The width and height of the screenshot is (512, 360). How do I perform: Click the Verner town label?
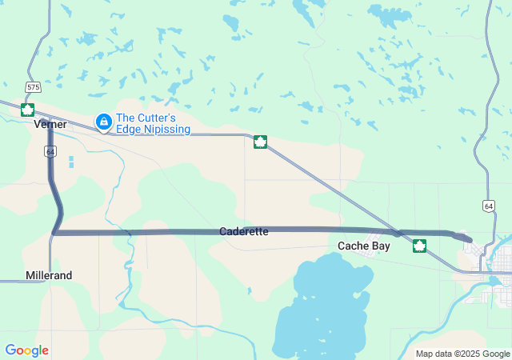50,125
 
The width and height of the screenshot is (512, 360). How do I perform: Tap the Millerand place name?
49,275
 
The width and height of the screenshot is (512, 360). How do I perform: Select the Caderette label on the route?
244,231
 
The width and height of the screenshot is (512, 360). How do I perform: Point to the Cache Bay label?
364,246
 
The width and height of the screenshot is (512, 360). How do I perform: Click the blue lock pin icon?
103,122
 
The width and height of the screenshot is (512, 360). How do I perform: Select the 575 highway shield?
33,86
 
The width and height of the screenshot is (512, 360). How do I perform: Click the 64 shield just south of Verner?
51,151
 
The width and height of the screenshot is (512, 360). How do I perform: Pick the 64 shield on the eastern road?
488,206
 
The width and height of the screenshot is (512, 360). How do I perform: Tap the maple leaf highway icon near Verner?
27,109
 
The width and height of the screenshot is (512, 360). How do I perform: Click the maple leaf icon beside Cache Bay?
419,246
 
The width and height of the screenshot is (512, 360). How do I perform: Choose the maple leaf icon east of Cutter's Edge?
260,142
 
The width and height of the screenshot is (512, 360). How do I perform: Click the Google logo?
26,350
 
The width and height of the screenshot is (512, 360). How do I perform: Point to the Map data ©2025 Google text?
462,354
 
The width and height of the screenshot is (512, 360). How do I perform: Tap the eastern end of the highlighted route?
470,239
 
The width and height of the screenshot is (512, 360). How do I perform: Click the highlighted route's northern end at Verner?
50,128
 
